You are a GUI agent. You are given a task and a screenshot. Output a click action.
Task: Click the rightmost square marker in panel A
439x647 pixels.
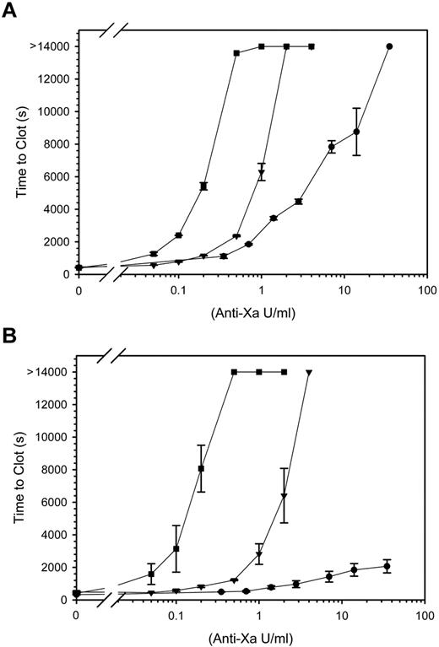click(x=312, y=46)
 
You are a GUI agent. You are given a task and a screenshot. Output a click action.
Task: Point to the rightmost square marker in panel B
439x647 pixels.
click(x=285, y=372)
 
